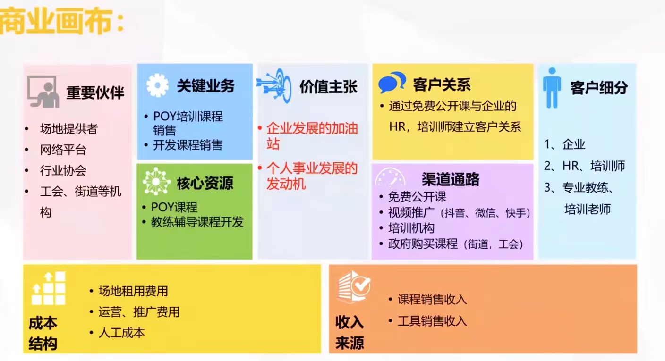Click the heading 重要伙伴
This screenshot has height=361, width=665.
[x=95, y=92]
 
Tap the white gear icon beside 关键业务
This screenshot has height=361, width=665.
[x=157, y=85]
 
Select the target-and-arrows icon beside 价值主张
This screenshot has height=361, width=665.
[x=274, y=86]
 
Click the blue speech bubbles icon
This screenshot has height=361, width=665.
[x=392, y=82]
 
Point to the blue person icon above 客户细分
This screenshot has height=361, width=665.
[x=552, y=88]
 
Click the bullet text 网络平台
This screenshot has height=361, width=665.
[x=63, y=150]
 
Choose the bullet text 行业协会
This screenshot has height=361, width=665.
[x=63, y=170]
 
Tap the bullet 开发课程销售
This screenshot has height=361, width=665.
[x=188, y=145]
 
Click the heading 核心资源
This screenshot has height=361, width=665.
[x=205, y=183]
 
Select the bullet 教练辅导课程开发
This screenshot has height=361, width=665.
[x=197, y=222]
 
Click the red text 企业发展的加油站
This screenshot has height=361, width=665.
[x=312, y=136]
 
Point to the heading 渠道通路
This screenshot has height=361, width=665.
[x=451, y=179]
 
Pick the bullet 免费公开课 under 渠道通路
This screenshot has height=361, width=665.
[x=417, y=197]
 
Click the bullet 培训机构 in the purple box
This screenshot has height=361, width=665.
[x=411, y=228]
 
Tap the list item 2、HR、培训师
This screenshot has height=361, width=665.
[x=585, y=166]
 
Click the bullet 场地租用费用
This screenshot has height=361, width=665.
[x=133, y=291]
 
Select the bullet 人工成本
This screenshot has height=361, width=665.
[x=121, y=333]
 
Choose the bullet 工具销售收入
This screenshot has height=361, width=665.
[x=432, y=321]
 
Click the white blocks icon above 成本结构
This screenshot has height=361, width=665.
[x=48, y=288]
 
